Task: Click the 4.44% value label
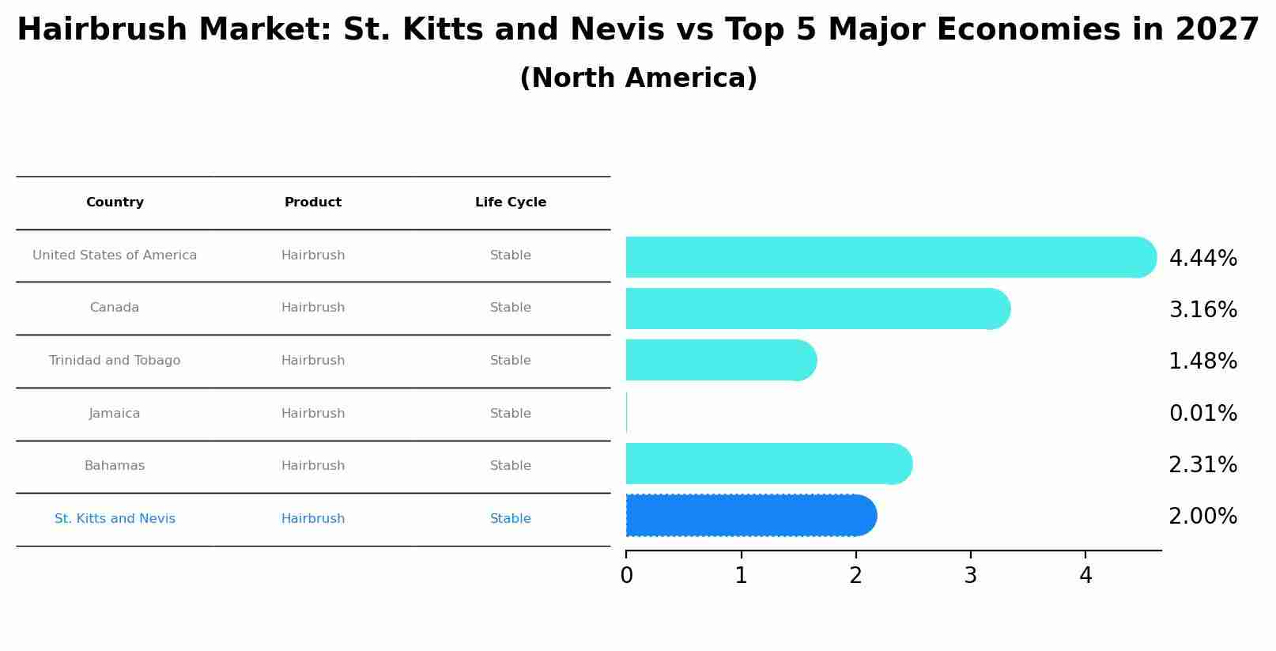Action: click(x=1202, y=259)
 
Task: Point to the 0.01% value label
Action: click(x=1202, y=414)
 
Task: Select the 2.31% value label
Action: click(x=1202, y=465)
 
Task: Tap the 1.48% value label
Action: click(x=1202, y=361)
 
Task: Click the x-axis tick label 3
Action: click(x=971, y=576)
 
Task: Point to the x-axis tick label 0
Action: click(x=626, y=576)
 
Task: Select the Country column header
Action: click(x=115, y=202)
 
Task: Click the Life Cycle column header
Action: click(x=511, y=202)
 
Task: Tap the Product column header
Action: click(x=313, y=202)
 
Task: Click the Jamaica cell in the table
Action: click(x=115, y=414)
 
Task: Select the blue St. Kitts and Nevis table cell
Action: click(x=115, y=519)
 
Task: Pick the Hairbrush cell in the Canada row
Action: click(x=313, y=308)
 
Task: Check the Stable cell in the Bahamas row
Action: click(x=511, y=466)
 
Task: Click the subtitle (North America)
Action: click(x=638, y=78)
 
